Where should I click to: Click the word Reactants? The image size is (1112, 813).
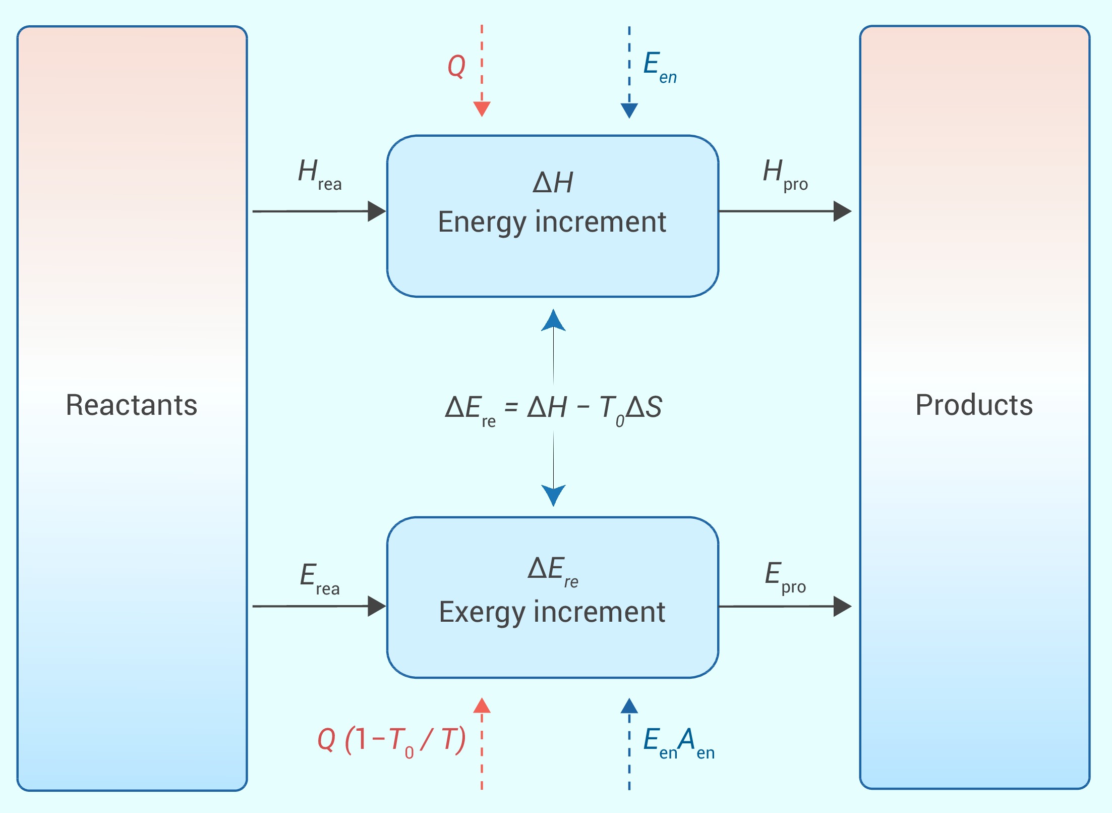(x=132, y=405)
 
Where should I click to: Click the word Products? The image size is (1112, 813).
(x=974, y=405)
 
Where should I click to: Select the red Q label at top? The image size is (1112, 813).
(x=456, y=66)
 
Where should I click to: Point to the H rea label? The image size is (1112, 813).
(x=319, y=174)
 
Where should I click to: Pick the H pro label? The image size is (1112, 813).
(x=785, y=174)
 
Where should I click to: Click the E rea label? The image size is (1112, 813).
(x=319, y=578)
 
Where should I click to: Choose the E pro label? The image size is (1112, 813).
(x=785, y=577)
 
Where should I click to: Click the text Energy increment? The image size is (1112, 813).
(x=552, y=222)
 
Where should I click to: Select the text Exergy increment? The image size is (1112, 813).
(x=552, y=612)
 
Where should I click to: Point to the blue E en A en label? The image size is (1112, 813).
(x=678, y=742)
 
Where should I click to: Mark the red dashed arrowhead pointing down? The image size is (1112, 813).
(x=482, y=109)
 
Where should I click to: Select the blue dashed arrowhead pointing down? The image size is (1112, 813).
(x=629, y=110)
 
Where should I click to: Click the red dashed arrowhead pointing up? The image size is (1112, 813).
(x=482, y=706)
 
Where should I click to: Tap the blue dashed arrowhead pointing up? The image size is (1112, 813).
(x=629, y=706)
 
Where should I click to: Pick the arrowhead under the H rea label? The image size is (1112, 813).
(x=376, y=211)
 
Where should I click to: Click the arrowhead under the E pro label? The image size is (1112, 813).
(x=842, y=606)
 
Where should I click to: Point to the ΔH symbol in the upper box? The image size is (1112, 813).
(x=553, y=183)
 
